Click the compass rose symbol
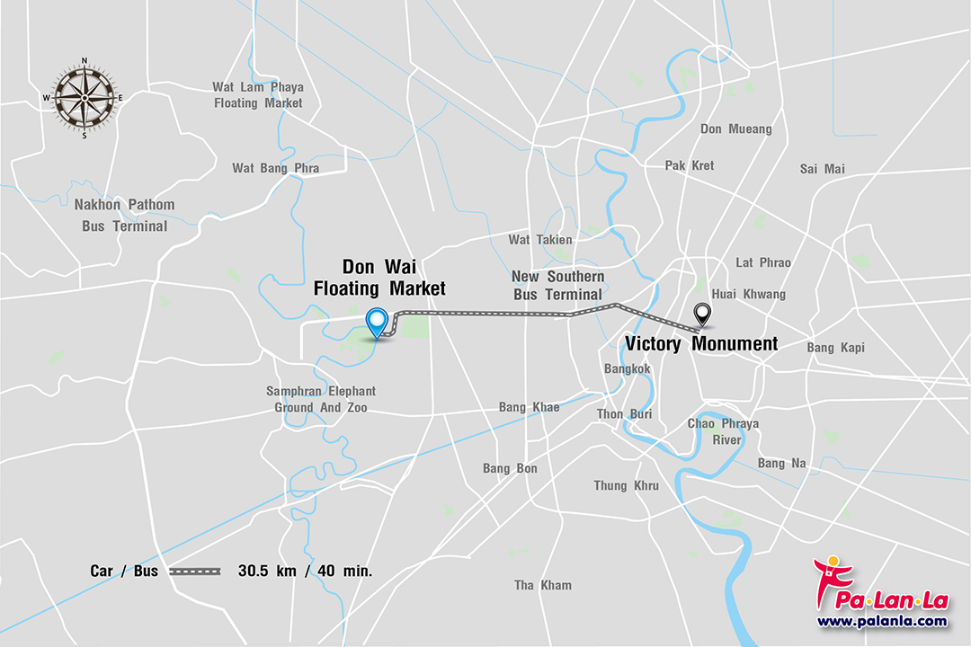point(85,98)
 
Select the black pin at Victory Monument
point(703,315)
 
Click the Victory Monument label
point(701,343)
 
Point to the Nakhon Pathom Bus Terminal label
point(124,215)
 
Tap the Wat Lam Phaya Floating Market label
point(258,95)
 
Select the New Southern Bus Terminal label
point(557,285)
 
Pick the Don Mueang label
point(735,129)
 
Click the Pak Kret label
point(690,165)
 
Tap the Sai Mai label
point(822,169)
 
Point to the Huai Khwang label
point(748,294)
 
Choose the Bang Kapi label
point(835,347)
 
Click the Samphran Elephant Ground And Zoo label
point(320,399)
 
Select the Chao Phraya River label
point(723,431)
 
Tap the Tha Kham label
point(542,585)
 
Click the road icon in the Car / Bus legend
point(195,571)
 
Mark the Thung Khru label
point(626,486)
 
